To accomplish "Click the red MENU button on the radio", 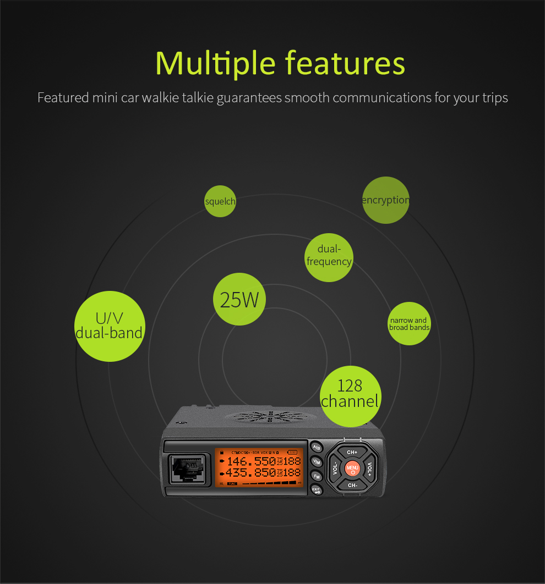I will click(352, 469).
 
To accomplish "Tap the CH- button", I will click(352, 485).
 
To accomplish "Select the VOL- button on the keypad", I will click(335, 469).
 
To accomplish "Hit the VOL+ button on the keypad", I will click(369, 469).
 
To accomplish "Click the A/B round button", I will click(317, 447).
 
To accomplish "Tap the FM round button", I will click(317, 476).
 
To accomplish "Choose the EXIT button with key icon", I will click(317, 490).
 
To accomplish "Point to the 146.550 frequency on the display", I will click(250, 461).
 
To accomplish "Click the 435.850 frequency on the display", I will click(250, 472).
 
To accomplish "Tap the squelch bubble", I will click(220, 201).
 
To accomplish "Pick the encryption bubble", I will click(385, 200).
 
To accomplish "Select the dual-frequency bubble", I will click(329, 256).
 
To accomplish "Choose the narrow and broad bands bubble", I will click(409, 324).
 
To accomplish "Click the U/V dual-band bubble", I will click(110, 326).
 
